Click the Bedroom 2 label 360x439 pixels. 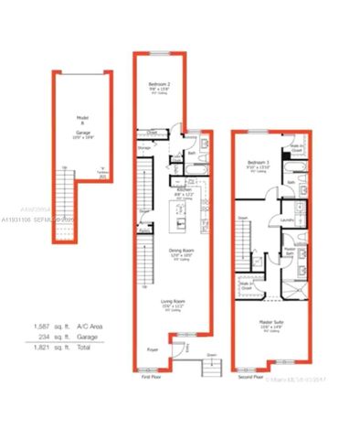pos(161,85)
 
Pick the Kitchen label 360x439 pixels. pos(184,190)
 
